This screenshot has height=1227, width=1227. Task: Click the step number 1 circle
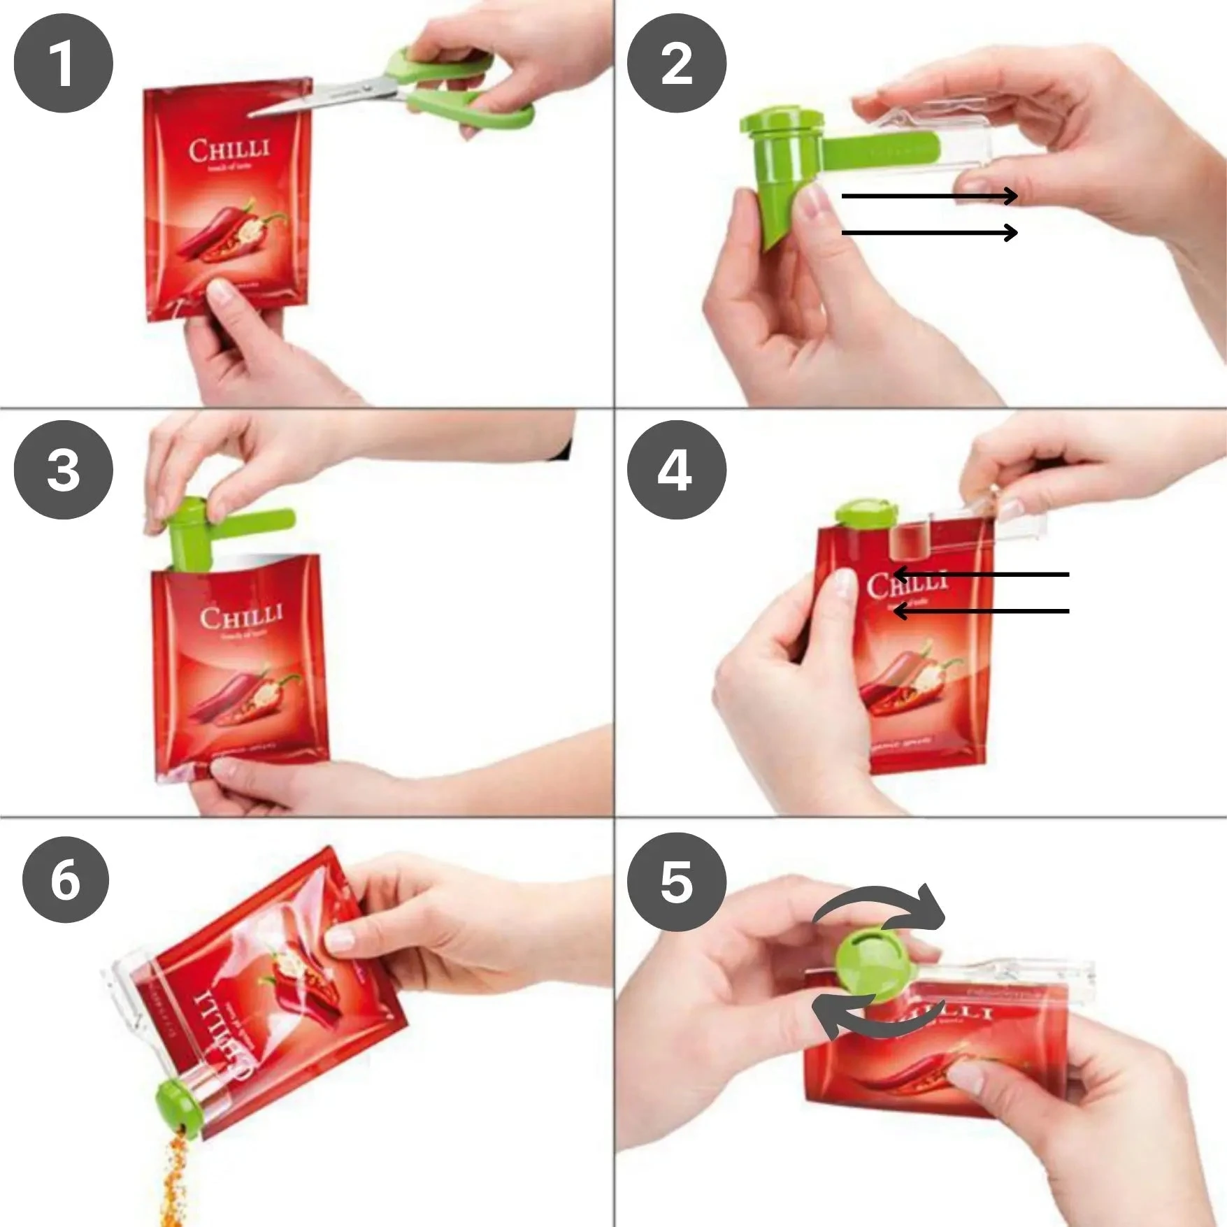[x=63, y=63]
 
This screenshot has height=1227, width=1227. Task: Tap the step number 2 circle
[x=676, y=63]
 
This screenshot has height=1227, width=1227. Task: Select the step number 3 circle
[x=63, y=470]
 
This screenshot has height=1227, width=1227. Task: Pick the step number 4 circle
[x=676, y=470]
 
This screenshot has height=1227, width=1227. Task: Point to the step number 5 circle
[x=676, y=882]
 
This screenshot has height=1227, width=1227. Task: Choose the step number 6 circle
[x=65, y=880]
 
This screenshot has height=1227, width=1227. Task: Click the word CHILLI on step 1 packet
[x=229, y=150]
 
